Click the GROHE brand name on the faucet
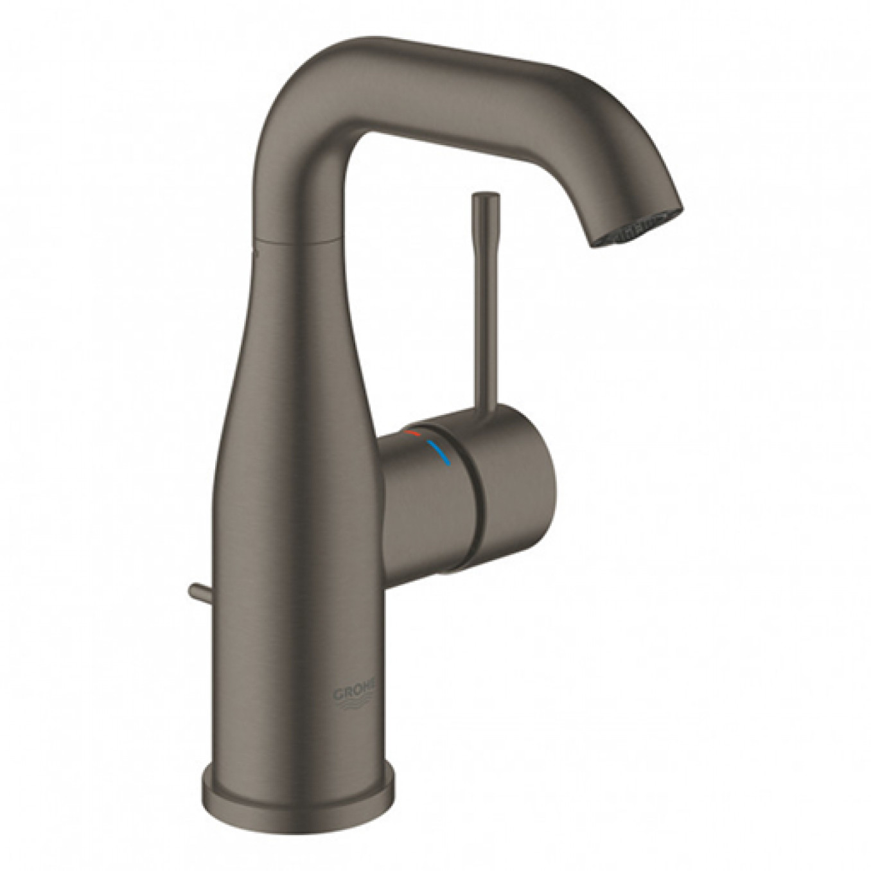click(351, 694)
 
